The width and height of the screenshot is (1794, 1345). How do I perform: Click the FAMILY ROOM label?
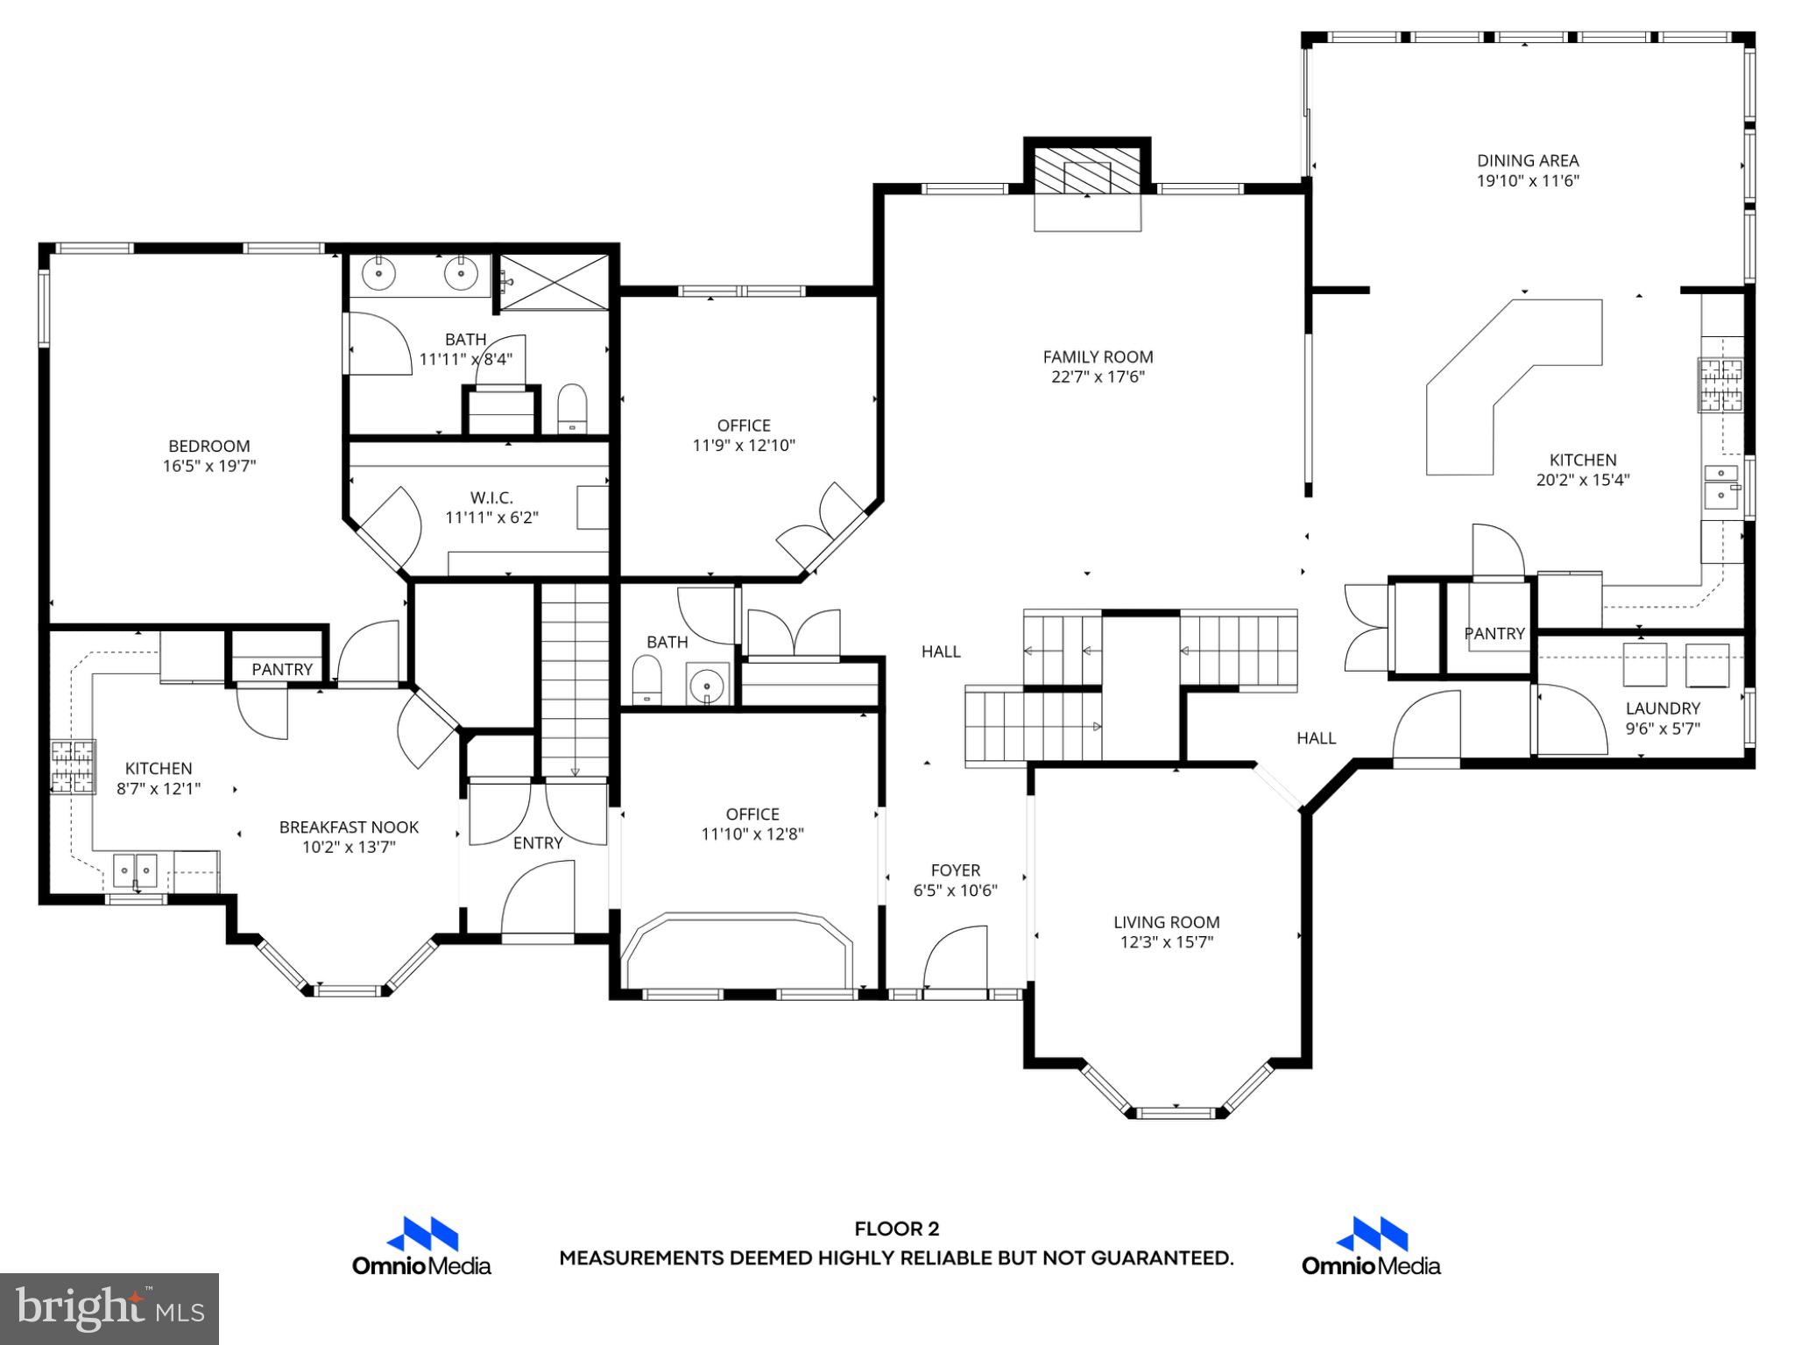tap(1098, 356)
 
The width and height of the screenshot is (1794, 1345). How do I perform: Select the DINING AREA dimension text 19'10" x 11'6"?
tap(1528, 181)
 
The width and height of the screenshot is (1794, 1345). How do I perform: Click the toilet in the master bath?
tap(571, 408)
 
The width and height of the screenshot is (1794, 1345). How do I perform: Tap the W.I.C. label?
tap(491, 497)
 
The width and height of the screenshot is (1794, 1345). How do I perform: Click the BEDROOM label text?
tap(208, 446)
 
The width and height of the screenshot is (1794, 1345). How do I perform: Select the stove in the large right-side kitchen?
tap(1720, 385)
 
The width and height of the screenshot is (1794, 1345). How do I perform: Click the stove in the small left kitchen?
tap(72, 767)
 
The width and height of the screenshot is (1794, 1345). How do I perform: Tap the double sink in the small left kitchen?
tap(135, 871)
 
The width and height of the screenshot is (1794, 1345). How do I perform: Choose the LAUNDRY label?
tap(1663, 708)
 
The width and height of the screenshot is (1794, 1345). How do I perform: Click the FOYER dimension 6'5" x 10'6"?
tap(955, 891)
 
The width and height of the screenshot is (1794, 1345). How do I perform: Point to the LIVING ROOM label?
tap(1166, 922)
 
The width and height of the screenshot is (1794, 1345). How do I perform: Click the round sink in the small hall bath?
tap(707, 685)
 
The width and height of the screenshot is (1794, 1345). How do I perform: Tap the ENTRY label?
tap(537, 842)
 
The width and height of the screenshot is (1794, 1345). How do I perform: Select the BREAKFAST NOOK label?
tap(349, 827)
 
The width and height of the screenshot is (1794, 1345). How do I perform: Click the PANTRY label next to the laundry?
tap(1494, 633)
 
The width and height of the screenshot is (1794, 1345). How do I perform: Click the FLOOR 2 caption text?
tap(896, 1229)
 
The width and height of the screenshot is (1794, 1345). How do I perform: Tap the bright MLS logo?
tap(109, 1308)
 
